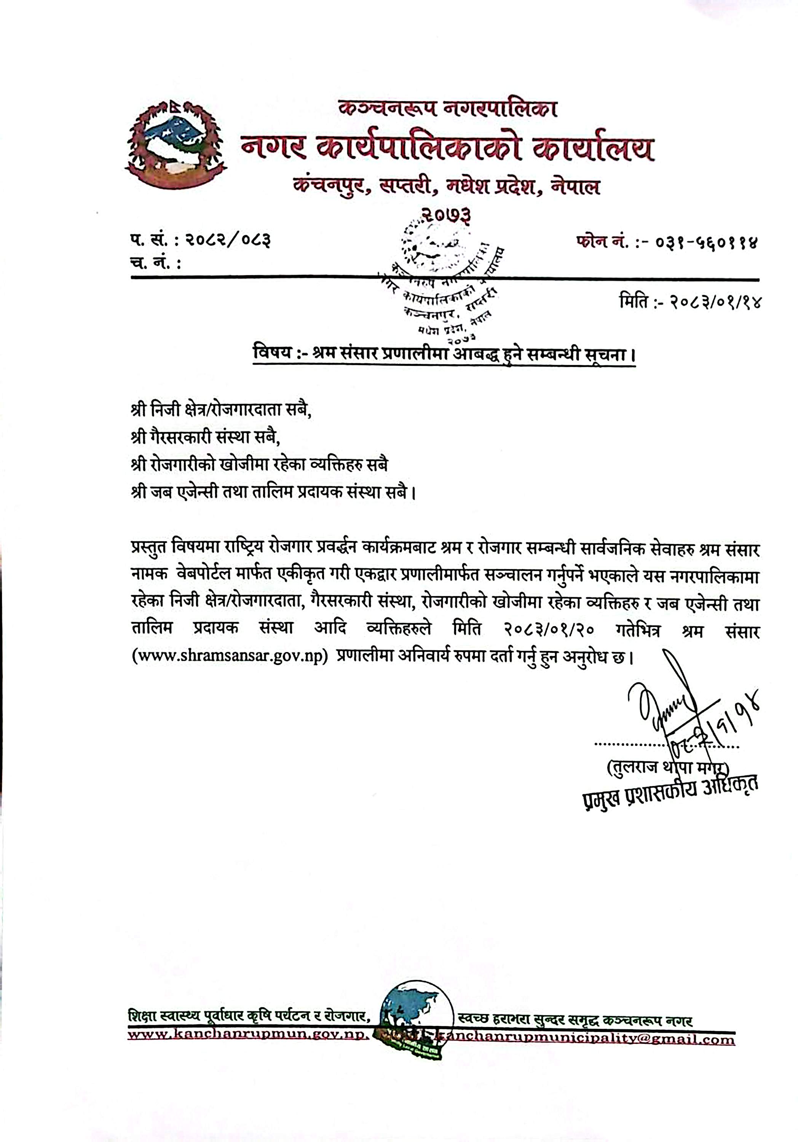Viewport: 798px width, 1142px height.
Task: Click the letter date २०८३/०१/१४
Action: point(714,301)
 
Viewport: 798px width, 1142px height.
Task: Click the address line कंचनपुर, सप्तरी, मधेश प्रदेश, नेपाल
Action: point(446,187)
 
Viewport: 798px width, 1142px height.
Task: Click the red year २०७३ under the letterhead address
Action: point(446,214)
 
